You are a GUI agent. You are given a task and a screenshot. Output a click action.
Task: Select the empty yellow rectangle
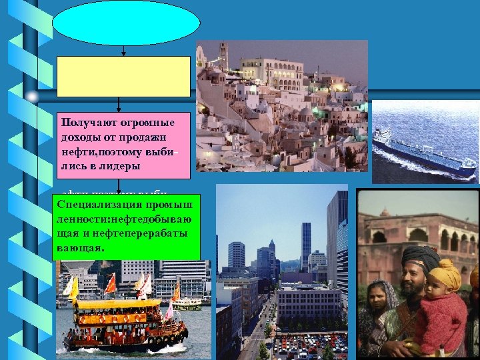[123, 76]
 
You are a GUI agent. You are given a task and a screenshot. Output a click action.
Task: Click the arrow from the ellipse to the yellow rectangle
[124, 51]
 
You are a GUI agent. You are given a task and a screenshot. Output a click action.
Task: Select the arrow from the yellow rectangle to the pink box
[119, 105]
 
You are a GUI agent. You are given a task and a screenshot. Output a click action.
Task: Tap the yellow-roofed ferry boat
[120, 320]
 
